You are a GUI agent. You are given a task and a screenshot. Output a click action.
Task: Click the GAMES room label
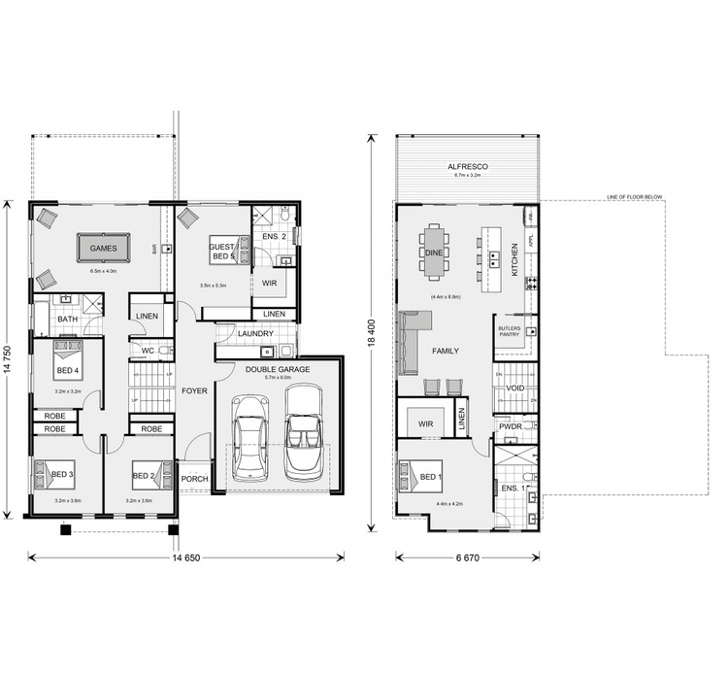click(x=103, y=249)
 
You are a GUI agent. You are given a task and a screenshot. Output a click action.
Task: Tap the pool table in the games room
click(x=103, y=249)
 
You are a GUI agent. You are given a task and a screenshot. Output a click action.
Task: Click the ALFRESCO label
click(x=467, y=167)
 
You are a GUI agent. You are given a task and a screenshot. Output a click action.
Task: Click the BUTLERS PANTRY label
click(x=511, y=331)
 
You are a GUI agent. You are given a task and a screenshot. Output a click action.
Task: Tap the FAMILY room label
click(x=446, y=351)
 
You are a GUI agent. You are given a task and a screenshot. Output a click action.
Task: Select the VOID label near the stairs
click(x=515, y=388)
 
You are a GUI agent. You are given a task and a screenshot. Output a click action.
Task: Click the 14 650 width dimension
click(x=187, y=557)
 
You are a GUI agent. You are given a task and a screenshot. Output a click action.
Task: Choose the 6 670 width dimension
click(x=468, y=557)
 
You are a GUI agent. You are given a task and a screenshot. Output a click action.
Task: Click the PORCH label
click(x=195, y=478)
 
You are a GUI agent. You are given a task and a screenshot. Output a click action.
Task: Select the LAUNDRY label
click(x=255, y=334)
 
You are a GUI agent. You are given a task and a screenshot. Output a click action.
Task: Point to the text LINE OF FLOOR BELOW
click(x=634, y=197)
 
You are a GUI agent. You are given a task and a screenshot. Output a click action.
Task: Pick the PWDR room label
click(x=511, y=426)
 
